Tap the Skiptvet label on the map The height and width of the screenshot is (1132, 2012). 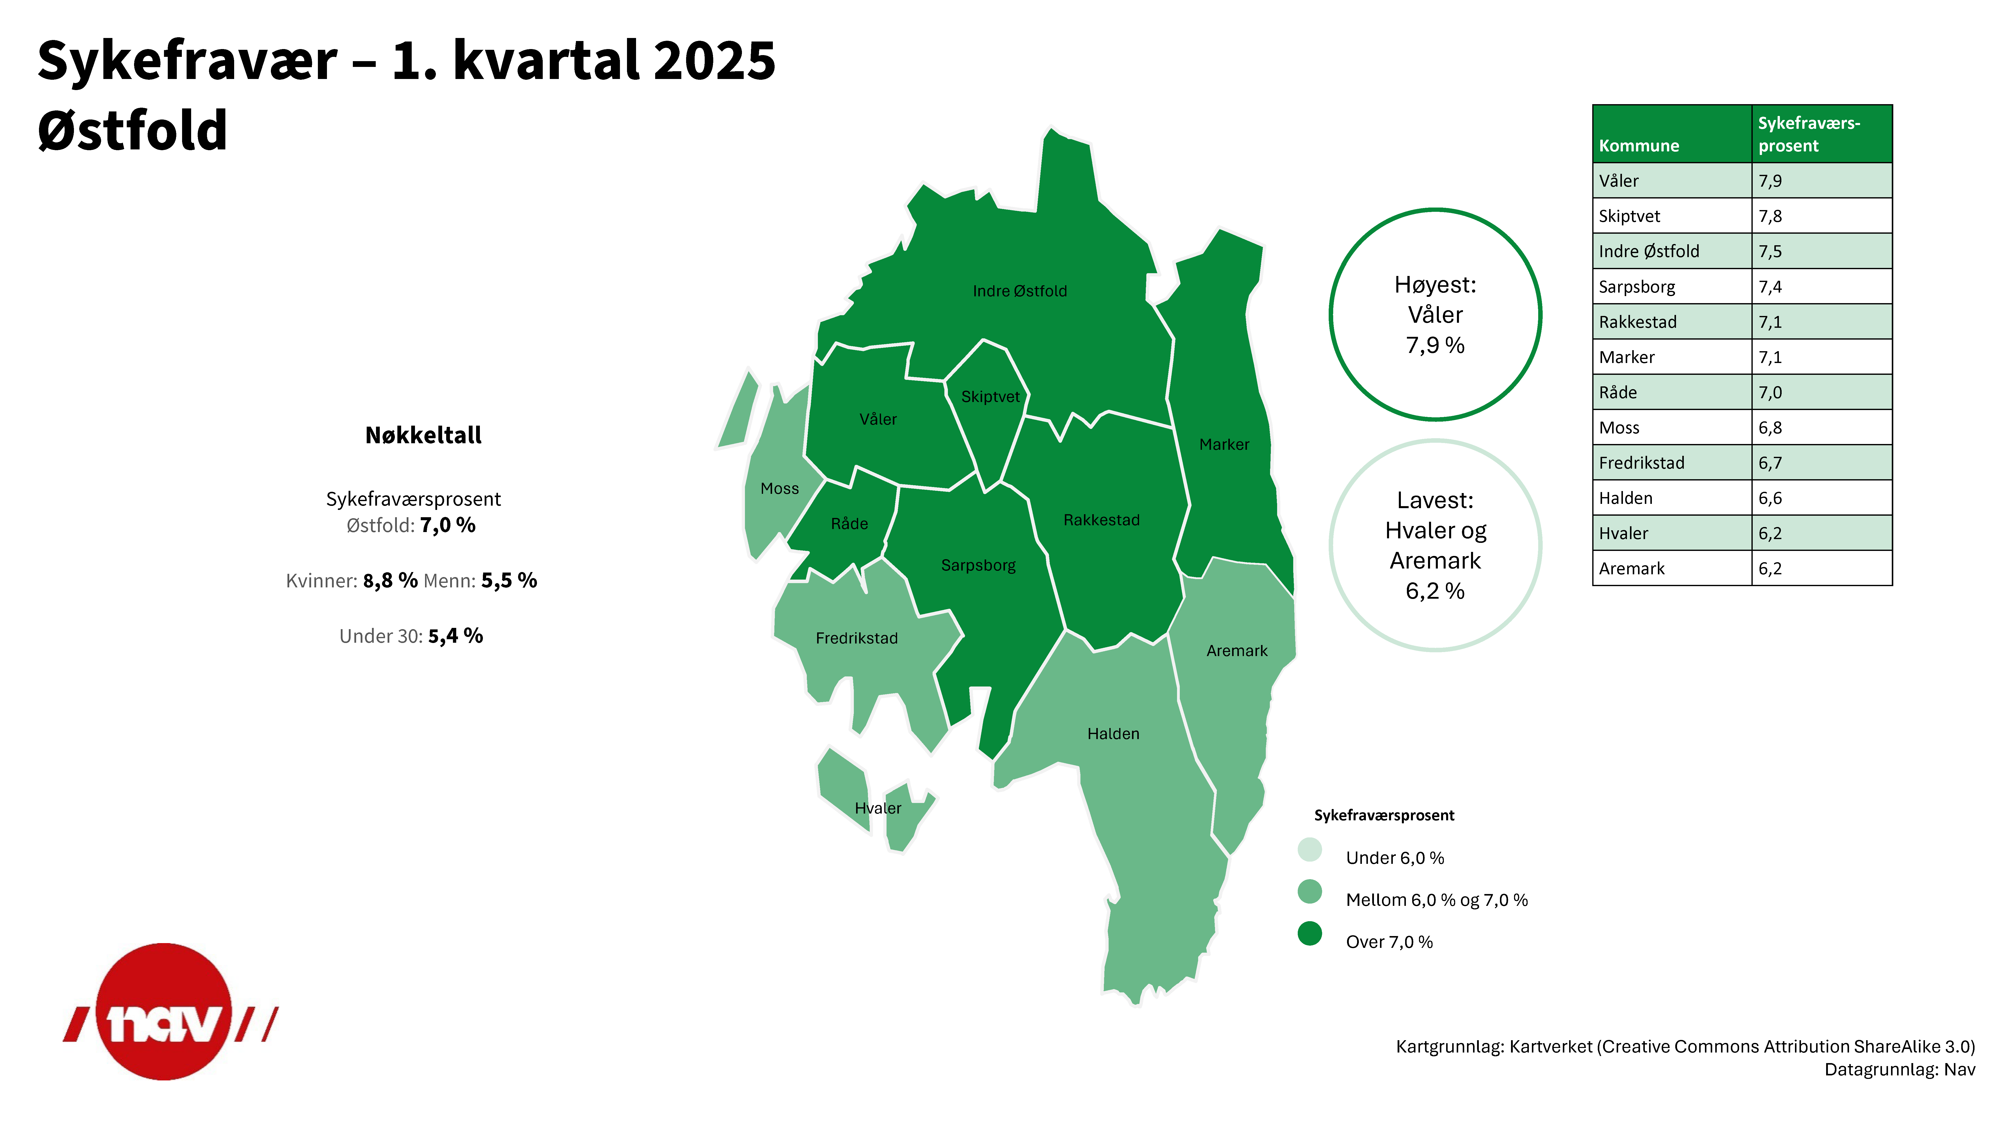coord(990,397)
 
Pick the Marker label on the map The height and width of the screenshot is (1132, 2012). coord(1224,444)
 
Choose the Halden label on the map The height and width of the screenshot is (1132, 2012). coord(1113,734)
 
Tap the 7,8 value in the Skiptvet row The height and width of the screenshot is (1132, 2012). coord(1770,216)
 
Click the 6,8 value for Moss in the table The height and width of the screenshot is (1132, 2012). coord(1770,428)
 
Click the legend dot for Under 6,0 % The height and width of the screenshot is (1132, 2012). coord(1310,849)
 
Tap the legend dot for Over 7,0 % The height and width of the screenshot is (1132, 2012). coord(1310,933)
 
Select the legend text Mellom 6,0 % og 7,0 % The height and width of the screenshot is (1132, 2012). coord(1436,900)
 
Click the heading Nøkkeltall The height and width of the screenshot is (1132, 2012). coord(423,435)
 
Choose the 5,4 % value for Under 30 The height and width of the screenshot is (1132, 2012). coord(455,636)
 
